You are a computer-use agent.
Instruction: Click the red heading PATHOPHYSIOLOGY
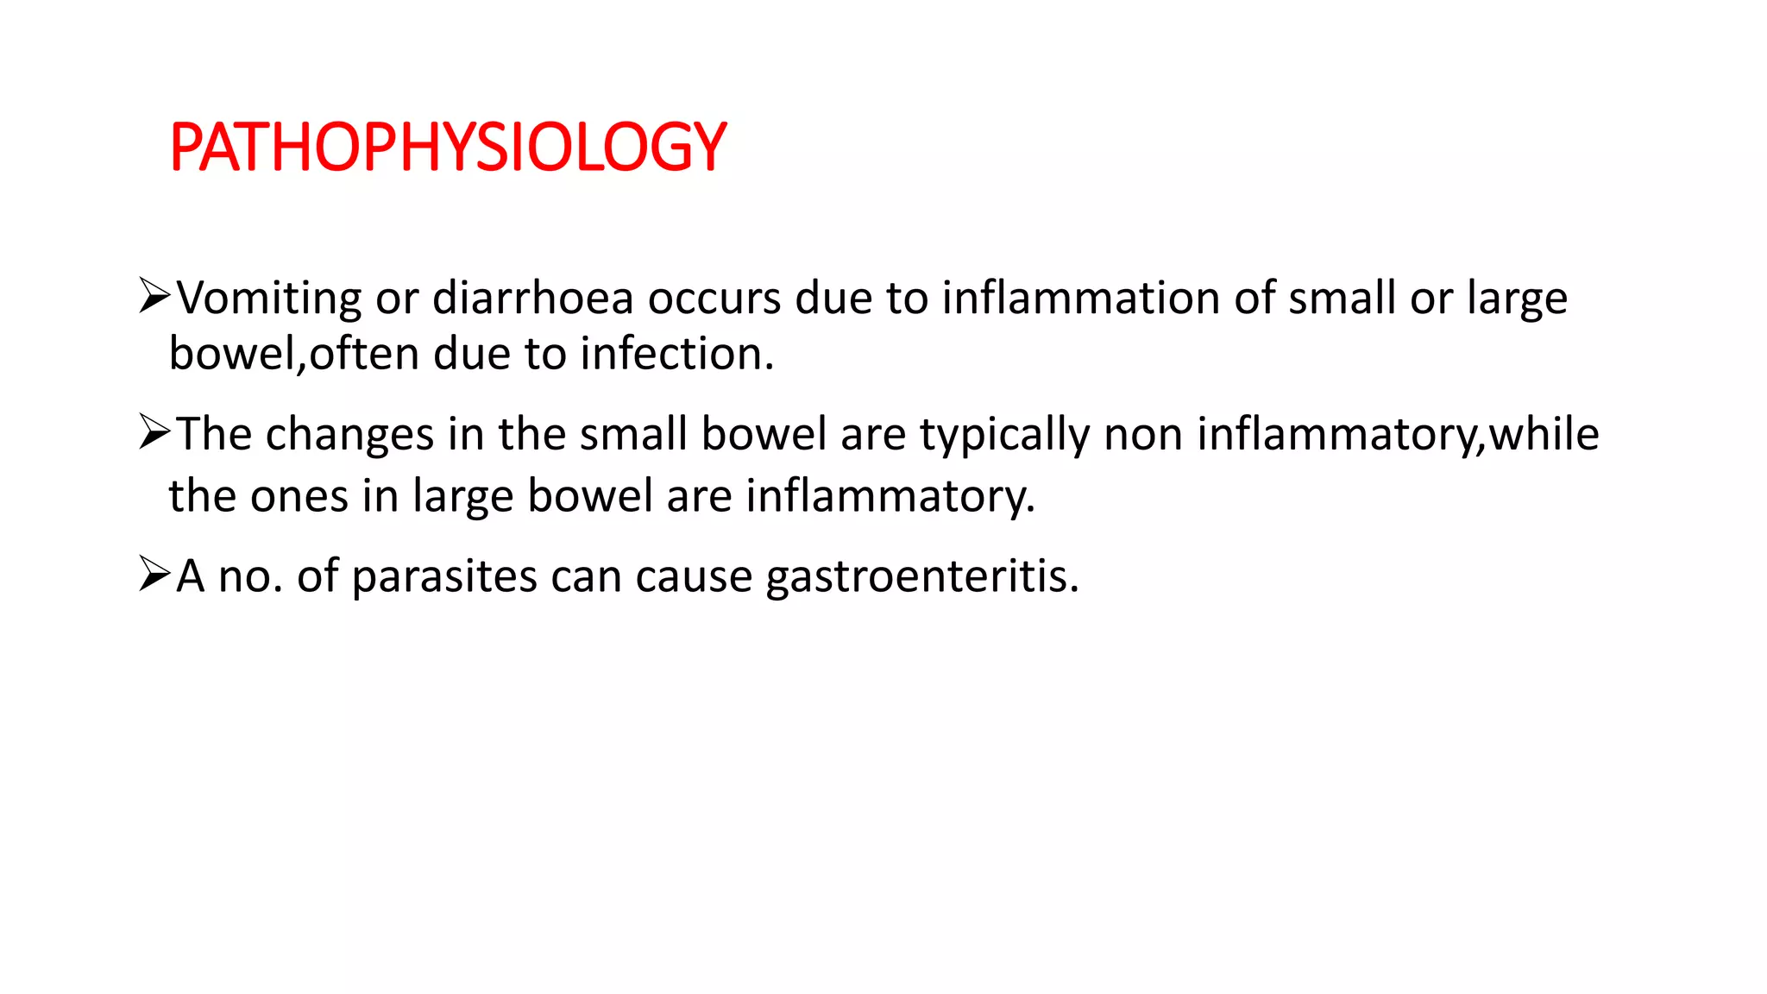point(448,147)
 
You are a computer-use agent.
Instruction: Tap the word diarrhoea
point(533,299)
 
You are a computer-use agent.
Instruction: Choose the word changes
point(349,434)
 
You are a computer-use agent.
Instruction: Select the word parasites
point(444,576)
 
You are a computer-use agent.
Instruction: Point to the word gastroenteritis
point(921,576)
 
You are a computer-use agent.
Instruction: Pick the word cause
point(694,576)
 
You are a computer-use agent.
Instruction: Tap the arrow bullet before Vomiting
point(154,296)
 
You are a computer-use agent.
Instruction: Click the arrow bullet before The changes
point(154,431)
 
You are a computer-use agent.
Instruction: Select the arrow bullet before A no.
point(154,574)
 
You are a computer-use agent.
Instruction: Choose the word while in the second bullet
point(1544,434)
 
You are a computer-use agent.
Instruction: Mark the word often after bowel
point(364,354)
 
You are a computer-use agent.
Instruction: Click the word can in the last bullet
point(586,576)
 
